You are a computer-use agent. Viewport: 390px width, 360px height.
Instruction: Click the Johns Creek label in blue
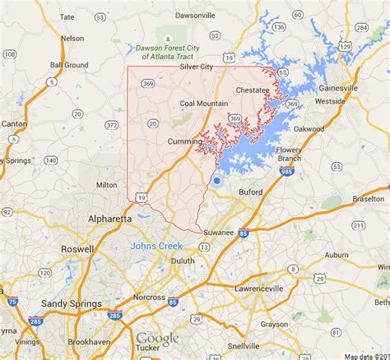click(x=155, y=244)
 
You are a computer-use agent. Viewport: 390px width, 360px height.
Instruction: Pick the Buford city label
click(x=251, y=192)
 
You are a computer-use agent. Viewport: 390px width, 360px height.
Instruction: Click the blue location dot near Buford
click(x=216, y=181)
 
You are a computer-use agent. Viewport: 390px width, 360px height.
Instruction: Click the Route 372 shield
click(x=111, y=125)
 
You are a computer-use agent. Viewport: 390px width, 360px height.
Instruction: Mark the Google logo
click(x=158, y=339)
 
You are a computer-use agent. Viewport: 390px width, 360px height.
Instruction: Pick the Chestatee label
click(x=252, y=90)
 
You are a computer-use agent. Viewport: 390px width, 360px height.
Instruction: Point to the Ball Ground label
click(x=69, y=65)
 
